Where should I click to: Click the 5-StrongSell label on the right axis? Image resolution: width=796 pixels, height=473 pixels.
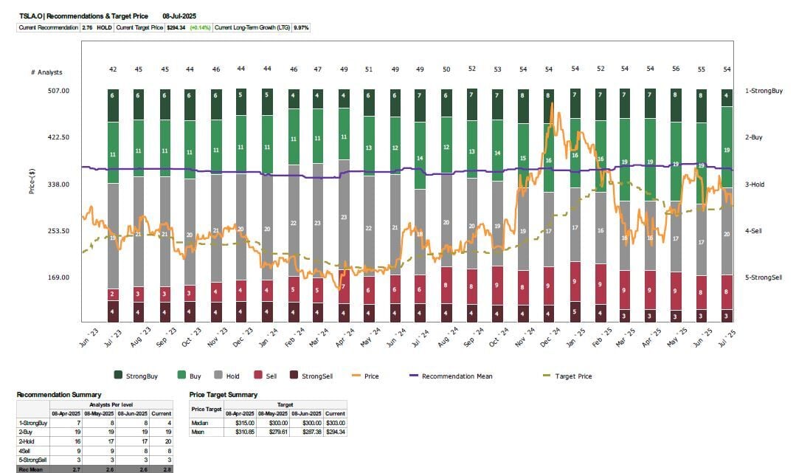point(764,277)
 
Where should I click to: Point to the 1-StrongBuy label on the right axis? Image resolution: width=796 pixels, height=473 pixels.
point(764,91)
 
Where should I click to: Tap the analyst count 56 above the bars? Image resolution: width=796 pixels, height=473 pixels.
point(676,69)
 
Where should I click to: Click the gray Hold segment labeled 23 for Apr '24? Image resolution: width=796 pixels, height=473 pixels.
point(344,217)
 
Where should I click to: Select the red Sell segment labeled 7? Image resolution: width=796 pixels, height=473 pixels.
point(344,286)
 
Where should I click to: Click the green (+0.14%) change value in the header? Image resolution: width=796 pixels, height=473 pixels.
point(200,27)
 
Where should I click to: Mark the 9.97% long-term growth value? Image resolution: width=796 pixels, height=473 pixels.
point(301,27)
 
